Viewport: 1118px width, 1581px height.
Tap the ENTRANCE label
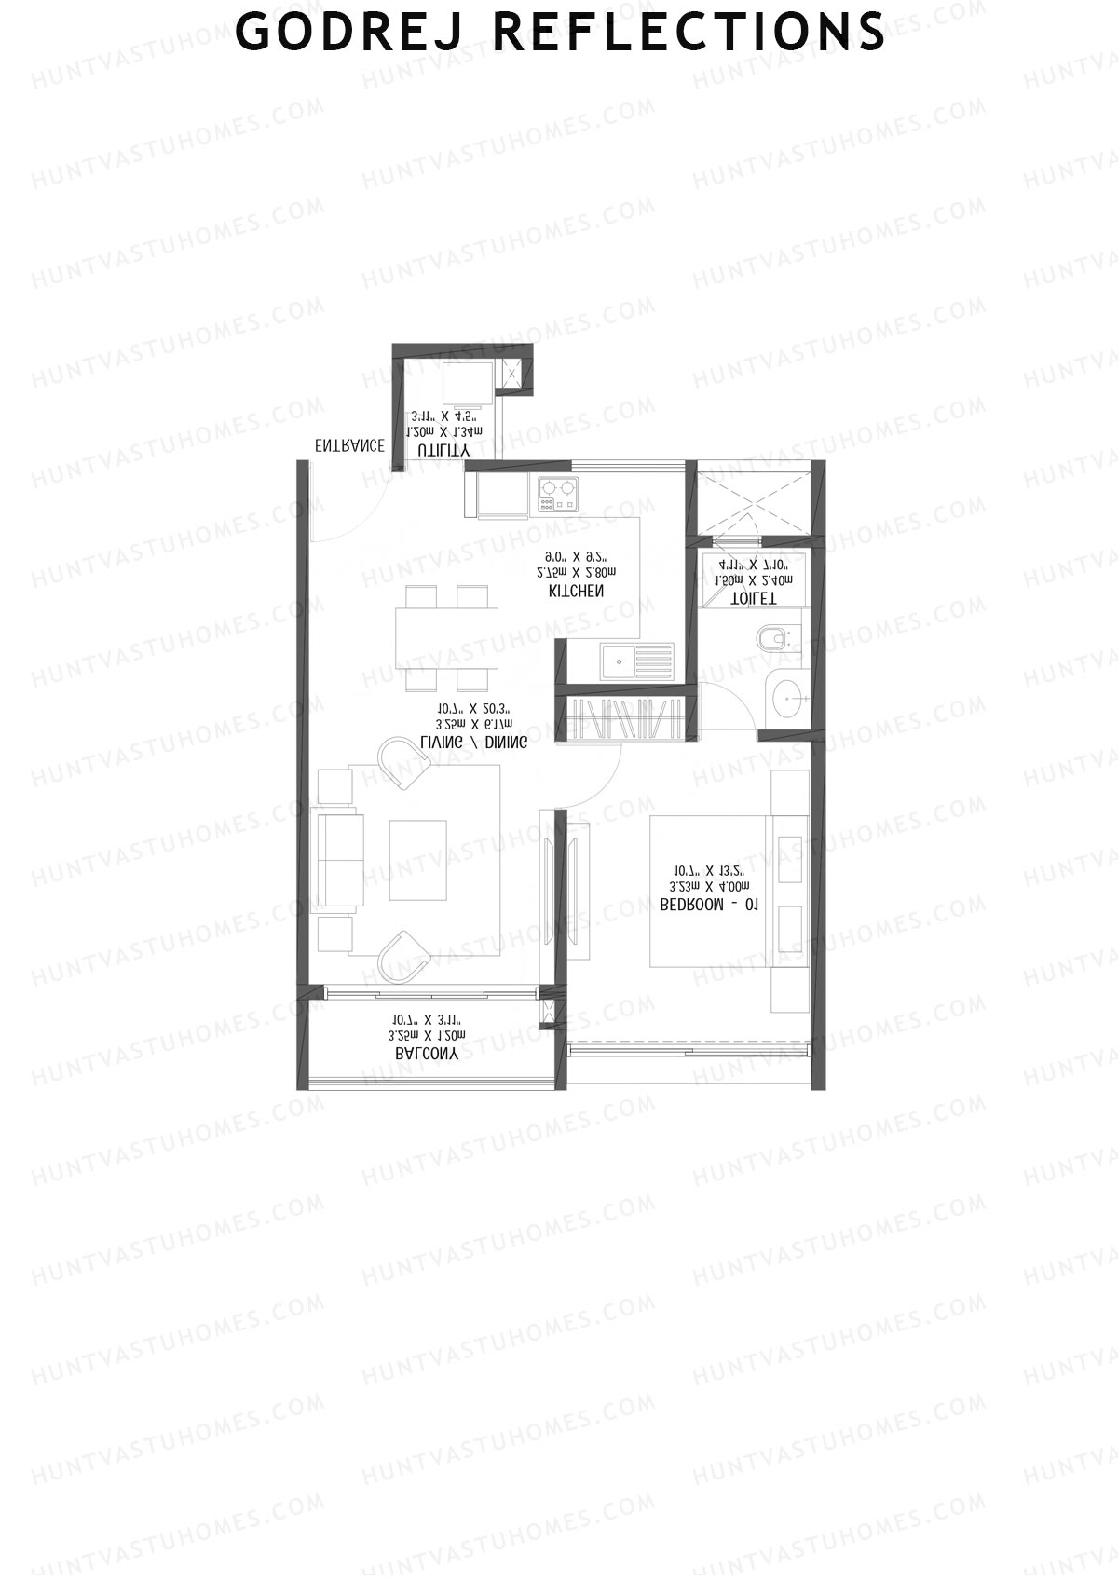coord(349,446)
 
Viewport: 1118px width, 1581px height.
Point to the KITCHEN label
coord(576,592)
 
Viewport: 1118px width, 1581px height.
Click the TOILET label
coord(752,597)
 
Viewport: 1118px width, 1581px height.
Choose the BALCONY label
coord(426,1054)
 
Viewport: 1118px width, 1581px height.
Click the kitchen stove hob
coord(557,494)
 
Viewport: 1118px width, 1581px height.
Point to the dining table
coord(446,637)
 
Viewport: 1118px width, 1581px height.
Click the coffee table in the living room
coord(417,860)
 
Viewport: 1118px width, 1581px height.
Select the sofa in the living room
coord(339,860)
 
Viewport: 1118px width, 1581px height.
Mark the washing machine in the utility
coord(466,385)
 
